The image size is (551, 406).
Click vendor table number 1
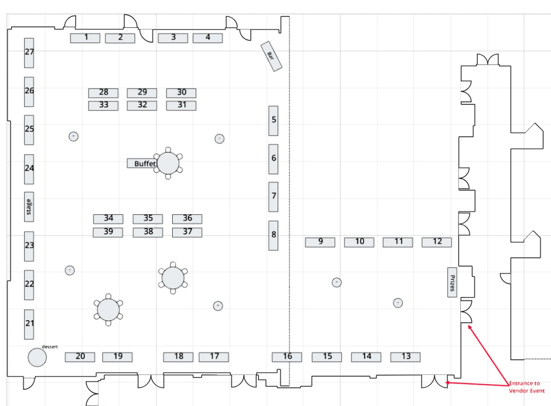[x=85, y=38]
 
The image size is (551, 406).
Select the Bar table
[x=271, y=56]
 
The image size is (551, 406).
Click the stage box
[x=29, y=207]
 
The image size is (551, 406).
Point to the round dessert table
[x=37, y=357]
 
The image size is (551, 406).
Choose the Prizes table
[x=452, y=283]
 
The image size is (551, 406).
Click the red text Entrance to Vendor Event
[x=526, y=387]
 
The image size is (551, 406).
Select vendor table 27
[x=29, y=52]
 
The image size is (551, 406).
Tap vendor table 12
[x=437, y=242]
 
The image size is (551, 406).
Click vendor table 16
[x=287, y=357]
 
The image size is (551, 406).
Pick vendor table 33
[x=103, y=105]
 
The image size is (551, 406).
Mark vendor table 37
[x=187, y=232]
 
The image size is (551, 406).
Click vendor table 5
[x=273, y=121]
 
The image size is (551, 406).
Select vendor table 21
[x=29, y=324]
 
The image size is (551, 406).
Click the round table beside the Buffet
[x=168, y=163]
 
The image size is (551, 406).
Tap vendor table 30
[x=181, y=93]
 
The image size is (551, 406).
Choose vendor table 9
[x=320, y=242]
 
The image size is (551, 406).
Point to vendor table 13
[x=406, y=357]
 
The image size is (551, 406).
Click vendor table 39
[x=108, y=232]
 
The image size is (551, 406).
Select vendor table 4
[x=208, y=38]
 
